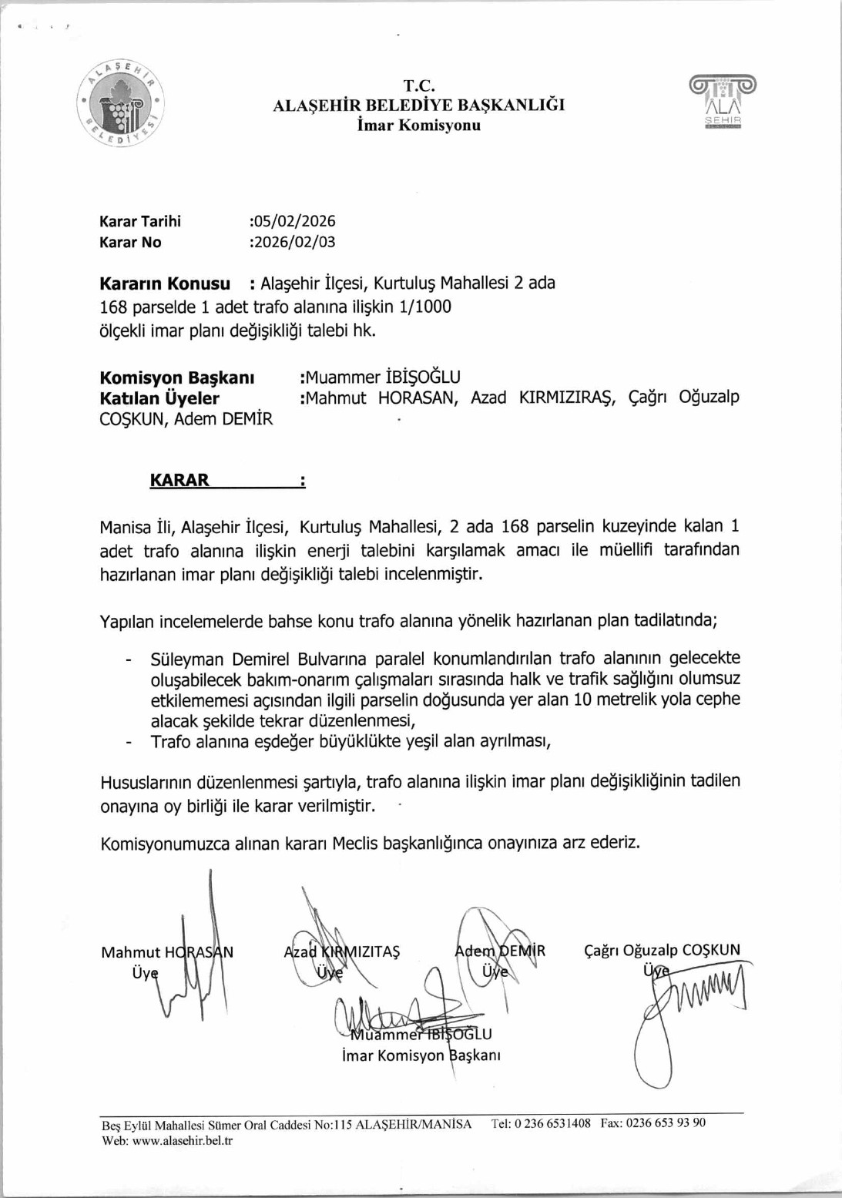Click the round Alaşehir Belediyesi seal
(x=122, y=102)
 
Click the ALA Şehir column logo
(x=723, y=101)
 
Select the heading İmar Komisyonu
(x=418, y=125)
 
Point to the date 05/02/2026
(x=294, y=221)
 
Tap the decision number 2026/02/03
(x=294, y=242)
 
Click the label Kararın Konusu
(x=165, y=284)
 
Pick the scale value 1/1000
(x=425, y=307)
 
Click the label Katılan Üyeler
(x=159, y=398)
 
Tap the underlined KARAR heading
(x=179, y=480)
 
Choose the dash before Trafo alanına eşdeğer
(x=129, y=741)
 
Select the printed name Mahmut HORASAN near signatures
(x=167, y=952)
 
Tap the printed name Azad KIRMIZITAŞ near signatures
(x=342, y=951)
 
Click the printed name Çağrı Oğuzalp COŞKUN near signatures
(x=662, y=950)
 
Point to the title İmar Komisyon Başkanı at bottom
(x=421, y=1055)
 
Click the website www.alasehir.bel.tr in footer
(x=182, y=1141)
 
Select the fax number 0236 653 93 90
(x=666, y=1123)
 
